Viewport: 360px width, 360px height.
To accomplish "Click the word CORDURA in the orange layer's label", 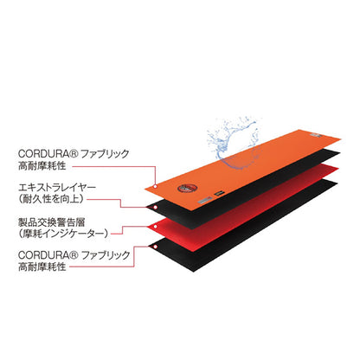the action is point(43,153).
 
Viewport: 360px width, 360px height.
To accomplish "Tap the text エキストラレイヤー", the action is point(57,188).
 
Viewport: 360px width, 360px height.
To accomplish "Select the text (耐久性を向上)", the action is point(51,199).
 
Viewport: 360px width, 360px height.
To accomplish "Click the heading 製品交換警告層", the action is point(51,222).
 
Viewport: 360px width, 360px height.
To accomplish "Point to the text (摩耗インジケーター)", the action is point(63,234).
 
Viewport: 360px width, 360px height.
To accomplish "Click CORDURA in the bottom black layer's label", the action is point(43,255).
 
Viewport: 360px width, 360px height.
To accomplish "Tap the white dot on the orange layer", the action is point(155,186).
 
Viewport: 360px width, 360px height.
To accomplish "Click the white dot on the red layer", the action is point(155,227).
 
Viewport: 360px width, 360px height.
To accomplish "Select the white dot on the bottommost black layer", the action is point(155,247).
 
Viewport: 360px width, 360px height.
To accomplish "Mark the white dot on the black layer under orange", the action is point(155,207).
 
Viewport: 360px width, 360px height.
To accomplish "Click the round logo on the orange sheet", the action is point(188,189).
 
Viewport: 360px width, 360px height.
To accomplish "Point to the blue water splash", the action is point(232,141).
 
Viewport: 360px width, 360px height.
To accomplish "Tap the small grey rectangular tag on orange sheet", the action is point(206,200).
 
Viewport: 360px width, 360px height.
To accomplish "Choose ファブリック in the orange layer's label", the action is point(105,153).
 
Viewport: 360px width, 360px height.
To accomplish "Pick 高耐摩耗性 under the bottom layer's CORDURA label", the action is point(42,267).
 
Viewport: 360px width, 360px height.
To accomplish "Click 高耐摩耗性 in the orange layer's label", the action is point(42,166).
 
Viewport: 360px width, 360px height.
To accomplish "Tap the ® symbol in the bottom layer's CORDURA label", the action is point(74,254).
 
